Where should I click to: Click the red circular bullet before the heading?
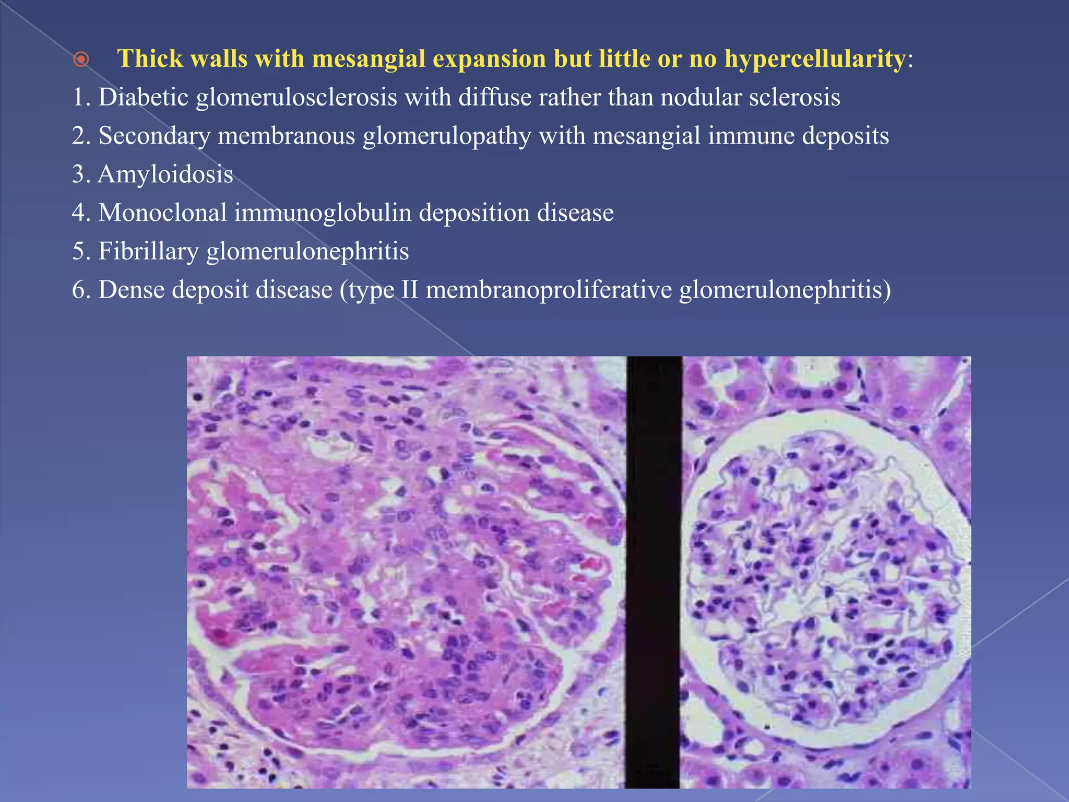point(81,60)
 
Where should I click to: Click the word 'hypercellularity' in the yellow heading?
point(814,58)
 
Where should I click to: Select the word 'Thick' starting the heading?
point(150,58)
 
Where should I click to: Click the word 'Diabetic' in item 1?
point(143,97)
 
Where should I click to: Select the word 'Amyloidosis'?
point(165,174)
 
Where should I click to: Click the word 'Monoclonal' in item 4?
point(162,213)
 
